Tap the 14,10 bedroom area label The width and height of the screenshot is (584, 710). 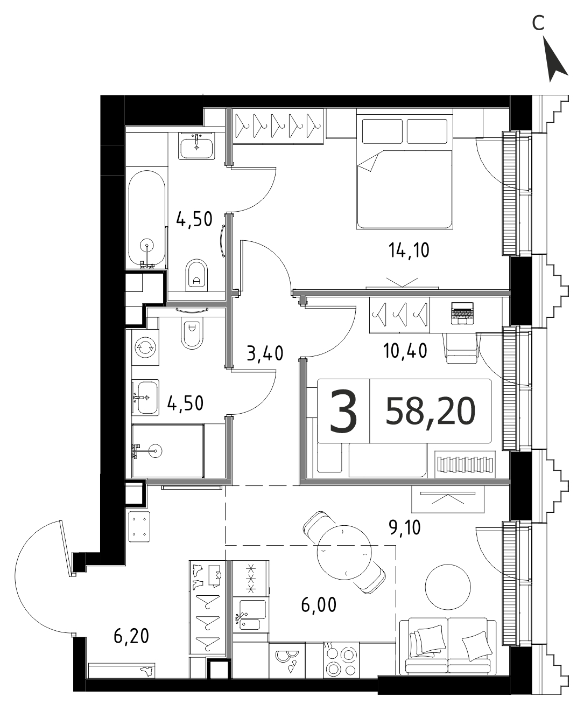pos(409,251)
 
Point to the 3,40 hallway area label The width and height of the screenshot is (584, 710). pos(265,353)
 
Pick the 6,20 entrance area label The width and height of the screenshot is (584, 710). pos(131,636)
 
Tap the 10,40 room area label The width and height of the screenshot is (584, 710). pos(405,351)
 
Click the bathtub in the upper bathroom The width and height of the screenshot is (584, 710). pos(146,219)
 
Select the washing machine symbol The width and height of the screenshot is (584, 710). pos(145,347)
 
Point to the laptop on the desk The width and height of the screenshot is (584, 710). pos(462,314)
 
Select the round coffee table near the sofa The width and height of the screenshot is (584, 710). pos(448,587)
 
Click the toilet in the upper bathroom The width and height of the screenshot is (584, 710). pos(197,274)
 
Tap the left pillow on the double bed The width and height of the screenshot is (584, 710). pos(383,131)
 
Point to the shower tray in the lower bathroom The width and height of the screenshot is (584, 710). pos(167,451)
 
